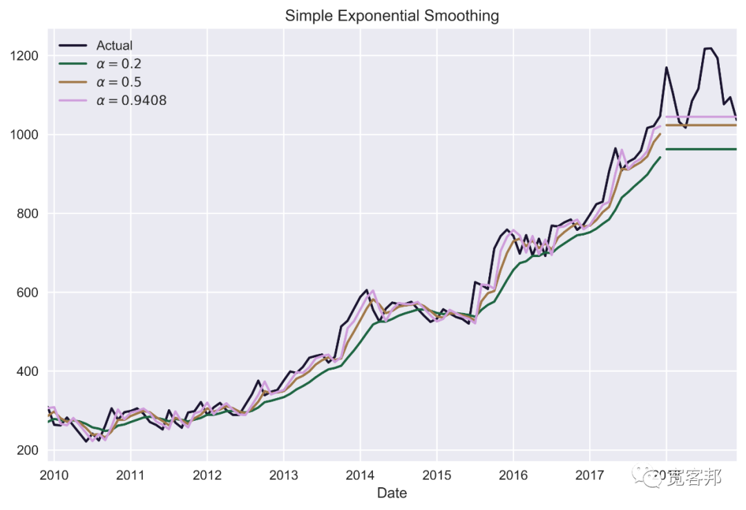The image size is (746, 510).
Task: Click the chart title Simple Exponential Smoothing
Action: (x=392, y=15)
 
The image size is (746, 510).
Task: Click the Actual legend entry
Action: (x=114, y=46)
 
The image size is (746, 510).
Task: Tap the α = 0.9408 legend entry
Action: (x=131, y=101)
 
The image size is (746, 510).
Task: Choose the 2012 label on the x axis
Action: (x=207, y=475)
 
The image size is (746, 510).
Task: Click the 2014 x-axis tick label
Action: (x=360, y=475)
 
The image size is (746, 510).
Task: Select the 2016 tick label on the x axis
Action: (x=513, y=475)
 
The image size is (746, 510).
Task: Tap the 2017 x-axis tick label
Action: (x=589, y=475)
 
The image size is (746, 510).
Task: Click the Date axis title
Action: (x=392, y=493)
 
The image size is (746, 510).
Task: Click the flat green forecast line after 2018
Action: (x=701, y=149)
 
